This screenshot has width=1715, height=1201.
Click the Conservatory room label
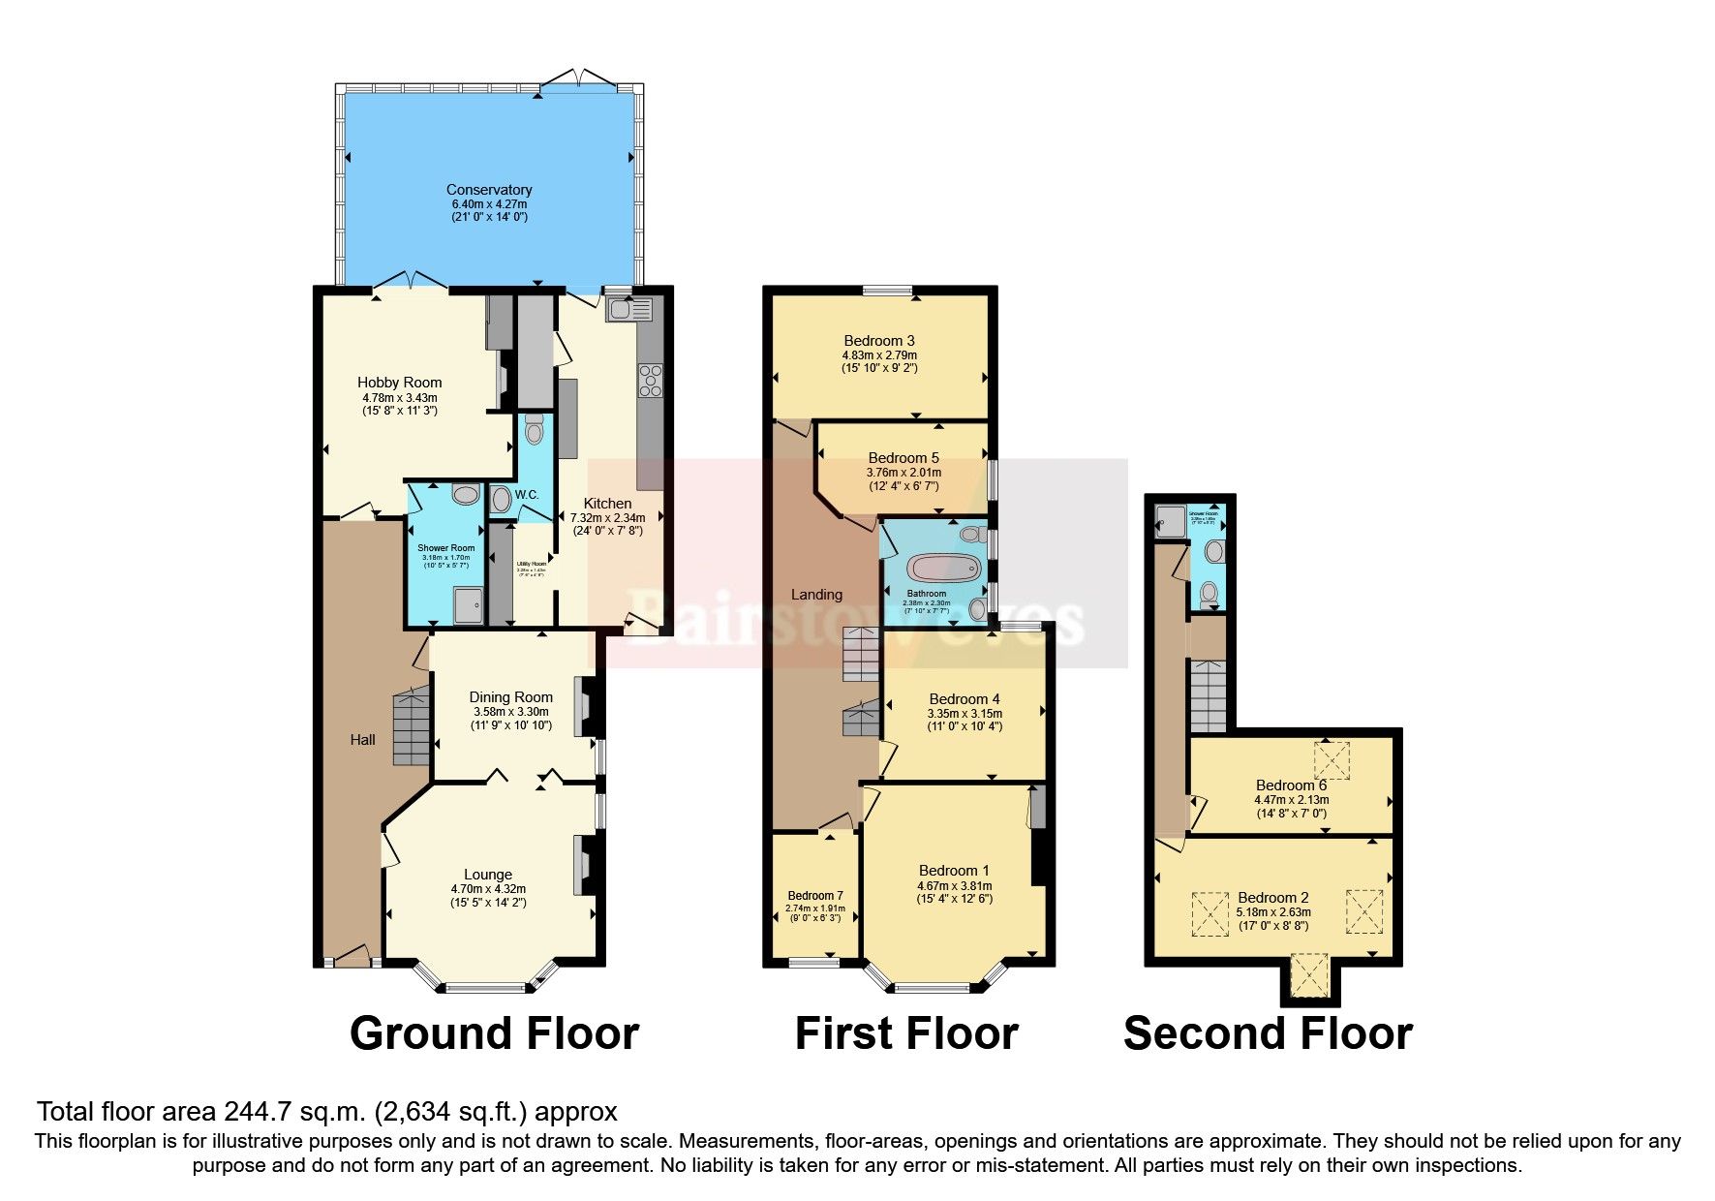pos(489,190)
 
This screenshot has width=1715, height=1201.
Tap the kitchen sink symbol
pos(628,310)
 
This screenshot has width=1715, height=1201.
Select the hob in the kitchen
pos(651,380)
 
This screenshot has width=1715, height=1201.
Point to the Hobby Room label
pos(399,383)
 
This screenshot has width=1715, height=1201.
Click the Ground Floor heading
pos(494,1033)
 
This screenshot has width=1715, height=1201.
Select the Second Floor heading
pos(1267,1033)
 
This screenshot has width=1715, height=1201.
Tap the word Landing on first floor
pos(816,595)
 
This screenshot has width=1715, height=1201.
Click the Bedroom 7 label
pos(814,895)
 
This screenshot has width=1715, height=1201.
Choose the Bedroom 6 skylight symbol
pos(1332,759)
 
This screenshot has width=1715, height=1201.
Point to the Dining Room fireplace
pos(586,707)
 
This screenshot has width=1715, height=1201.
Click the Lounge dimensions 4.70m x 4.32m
pos(488,889)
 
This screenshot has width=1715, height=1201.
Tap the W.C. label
pos(526,495)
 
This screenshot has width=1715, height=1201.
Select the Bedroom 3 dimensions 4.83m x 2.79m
pos(878,355)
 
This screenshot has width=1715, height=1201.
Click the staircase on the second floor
pos(1208,695)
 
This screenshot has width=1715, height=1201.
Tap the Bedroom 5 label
pos(903,458)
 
